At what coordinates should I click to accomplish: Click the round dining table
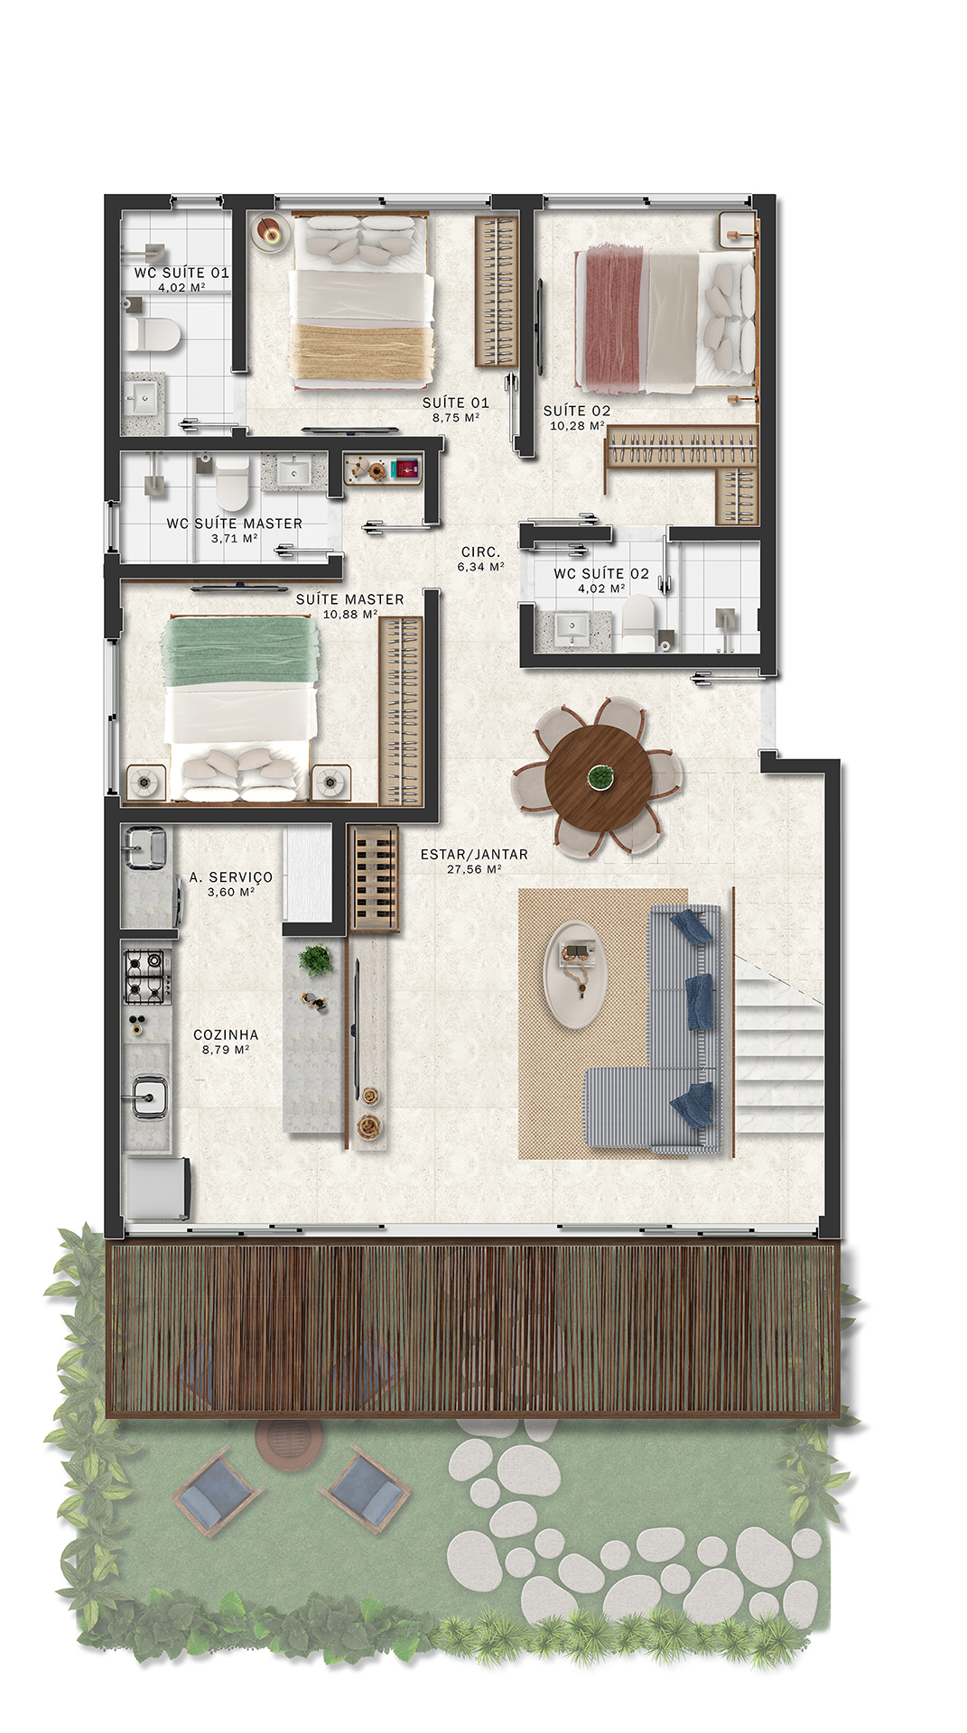point(598,776)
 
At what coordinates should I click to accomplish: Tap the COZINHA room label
point(226,1034)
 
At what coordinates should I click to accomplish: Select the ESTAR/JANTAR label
point(474,854)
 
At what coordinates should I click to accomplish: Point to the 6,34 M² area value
point(480,567)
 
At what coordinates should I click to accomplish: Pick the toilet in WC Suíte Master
point(231,482)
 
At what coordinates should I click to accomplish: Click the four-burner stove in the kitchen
point(146,975)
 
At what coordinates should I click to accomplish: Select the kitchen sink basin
point(146,1098)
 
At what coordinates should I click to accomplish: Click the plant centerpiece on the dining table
point(598,775)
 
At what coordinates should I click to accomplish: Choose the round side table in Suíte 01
point(269,232)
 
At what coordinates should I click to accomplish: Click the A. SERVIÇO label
point(231,877)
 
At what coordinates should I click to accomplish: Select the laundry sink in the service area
point(145,848)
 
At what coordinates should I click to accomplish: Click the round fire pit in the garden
point(288,1441)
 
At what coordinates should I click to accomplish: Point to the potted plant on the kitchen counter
point(315,959)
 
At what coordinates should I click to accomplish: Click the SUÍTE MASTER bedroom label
point(350,599)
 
